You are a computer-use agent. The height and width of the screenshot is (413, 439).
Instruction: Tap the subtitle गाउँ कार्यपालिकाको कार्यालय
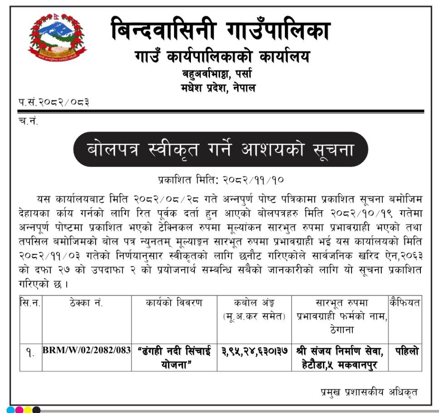220,58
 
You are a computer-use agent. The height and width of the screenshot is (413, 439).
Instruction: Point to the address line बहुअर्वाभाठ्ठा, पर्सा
217,74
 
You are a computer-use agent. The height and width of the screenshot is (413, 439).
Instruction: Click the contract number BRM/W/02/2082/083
86,351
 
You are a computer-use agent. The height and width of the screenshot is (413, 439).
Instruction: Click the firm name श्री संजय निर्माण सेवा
340,351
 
